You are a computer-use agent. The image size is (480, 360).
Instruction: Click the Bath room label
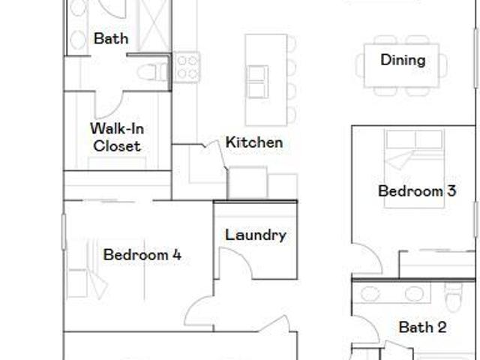(x=111, y=38)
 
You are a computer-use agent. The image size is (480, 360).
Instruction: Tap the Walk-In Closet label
(x=117, y=137)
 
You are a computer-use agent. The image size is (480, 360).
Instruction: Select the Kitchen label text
(x=254, y=142)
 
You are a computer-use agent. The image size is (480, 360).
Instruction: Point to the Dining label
(x=403, y=60)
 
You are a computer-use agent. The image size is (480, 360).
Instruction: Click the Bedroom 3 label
(x=417, y=191)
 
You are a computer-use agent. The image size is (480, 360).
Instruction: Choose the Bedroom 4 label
(x=142, y=255)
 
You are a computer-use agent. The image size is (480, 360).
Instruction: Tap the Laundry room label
(x=256, y=235)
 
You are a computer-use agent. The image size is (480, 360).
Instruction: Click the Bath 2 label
(x=422, y=327)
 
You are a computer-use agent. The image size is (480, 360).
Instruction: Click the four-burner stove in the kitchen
(x=187, y=67)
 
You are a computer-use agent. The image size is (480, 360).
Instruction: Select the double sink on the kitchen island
(x=257, y=82)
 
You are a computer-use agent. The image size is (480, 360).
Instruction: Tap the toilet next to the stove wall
(x=152, y=73)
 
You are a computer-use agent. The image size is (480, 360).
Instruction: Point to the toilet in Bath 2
(x=453, y=296)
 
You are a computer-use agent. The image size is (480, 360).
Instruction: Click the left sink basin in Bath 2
(x=370, y=294)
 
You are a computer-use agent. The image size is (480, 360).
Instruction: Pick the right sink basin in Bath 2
(x=414, y=294)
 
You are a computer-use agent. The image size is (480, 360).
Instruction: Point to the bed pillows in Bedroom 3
(x=414, y=139)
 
